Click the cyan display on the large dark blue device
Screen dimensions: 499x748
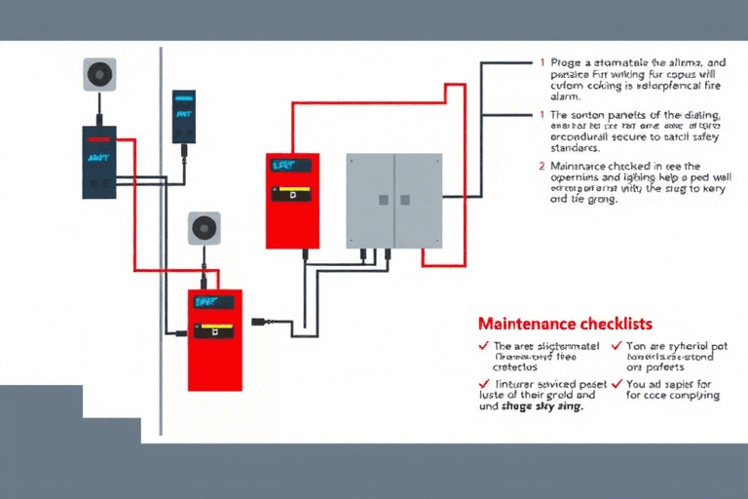pos(98,157)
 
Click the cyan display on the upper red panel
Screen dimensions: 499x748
pos(283,167)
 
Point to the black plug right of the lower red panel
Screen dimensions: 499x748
pos(260,321)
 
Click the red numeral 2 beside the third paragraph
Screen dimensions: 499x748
pos(542,166)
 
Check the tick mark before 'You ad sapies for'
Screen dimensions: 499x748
pos(617,385)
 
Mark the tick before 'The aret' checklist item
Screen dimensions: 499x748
pos(483,346)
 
